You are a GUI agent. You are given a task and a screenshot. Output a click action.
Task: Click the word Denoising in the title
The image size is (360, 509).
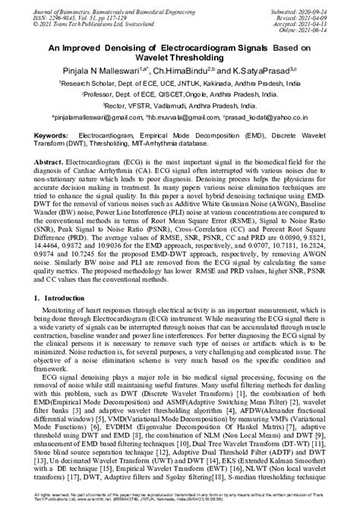pyautogui.click(x=131, y=46)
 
